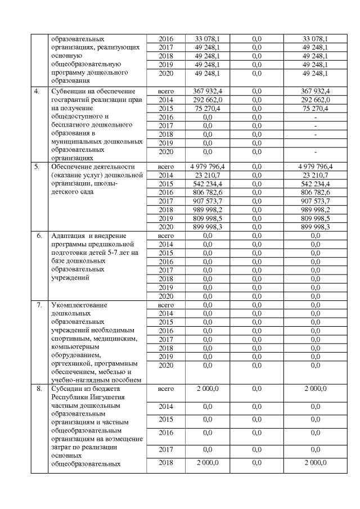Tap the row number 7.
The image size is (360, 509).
click(x=39, y=305)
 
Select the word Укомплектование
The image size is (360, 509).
click(x=79, y=305)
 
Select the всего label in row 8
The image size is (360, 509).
click(x=166, y=389)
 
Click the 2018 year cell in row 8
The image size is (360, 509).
click(x=166, y=462)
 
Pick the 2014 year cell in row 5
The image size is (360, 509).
click(x=166, y=175)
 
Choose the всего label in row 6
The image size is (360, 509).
click(x=166, y=236)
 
